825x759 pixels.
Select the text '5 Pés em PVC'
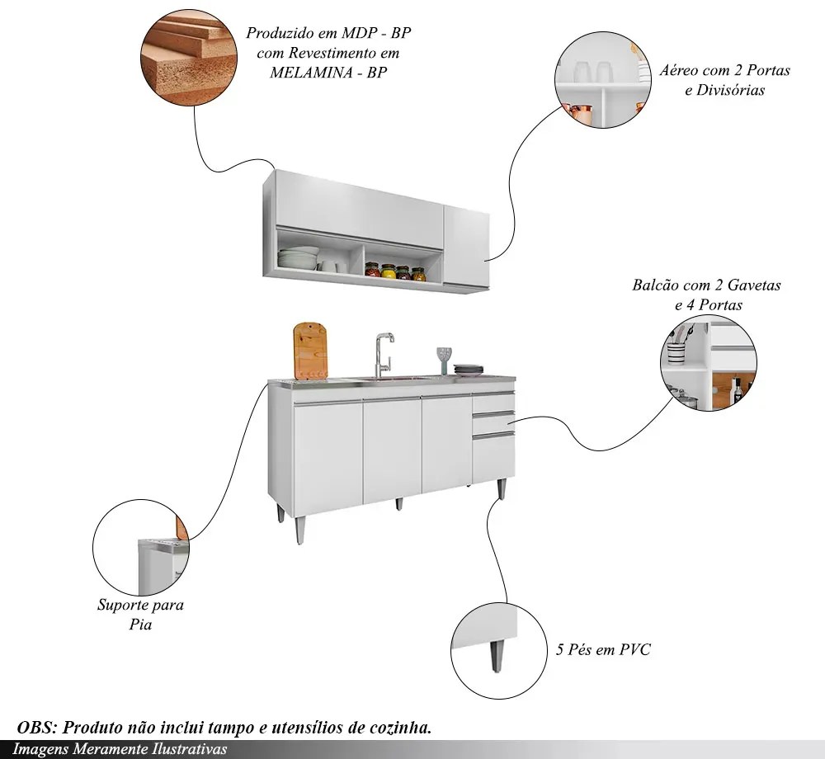603,650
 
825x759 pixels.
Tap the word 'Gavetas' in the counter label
752,285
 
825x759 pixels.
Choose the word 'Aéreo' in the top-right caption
677,70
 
